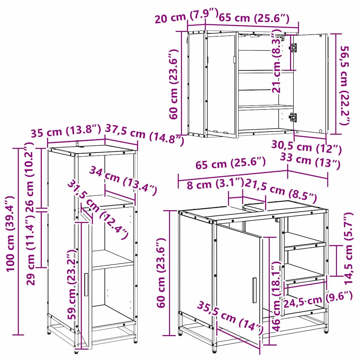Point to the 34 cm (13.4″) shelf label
click(x=123, y=181)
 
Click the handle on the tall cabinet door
click(x=86, y=284)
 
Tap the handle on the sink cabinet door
click(x=254, y=290)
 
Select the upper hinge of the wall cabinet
click(x=293, y=48)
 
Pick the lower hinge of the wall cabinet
click(x=292, y=117)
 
